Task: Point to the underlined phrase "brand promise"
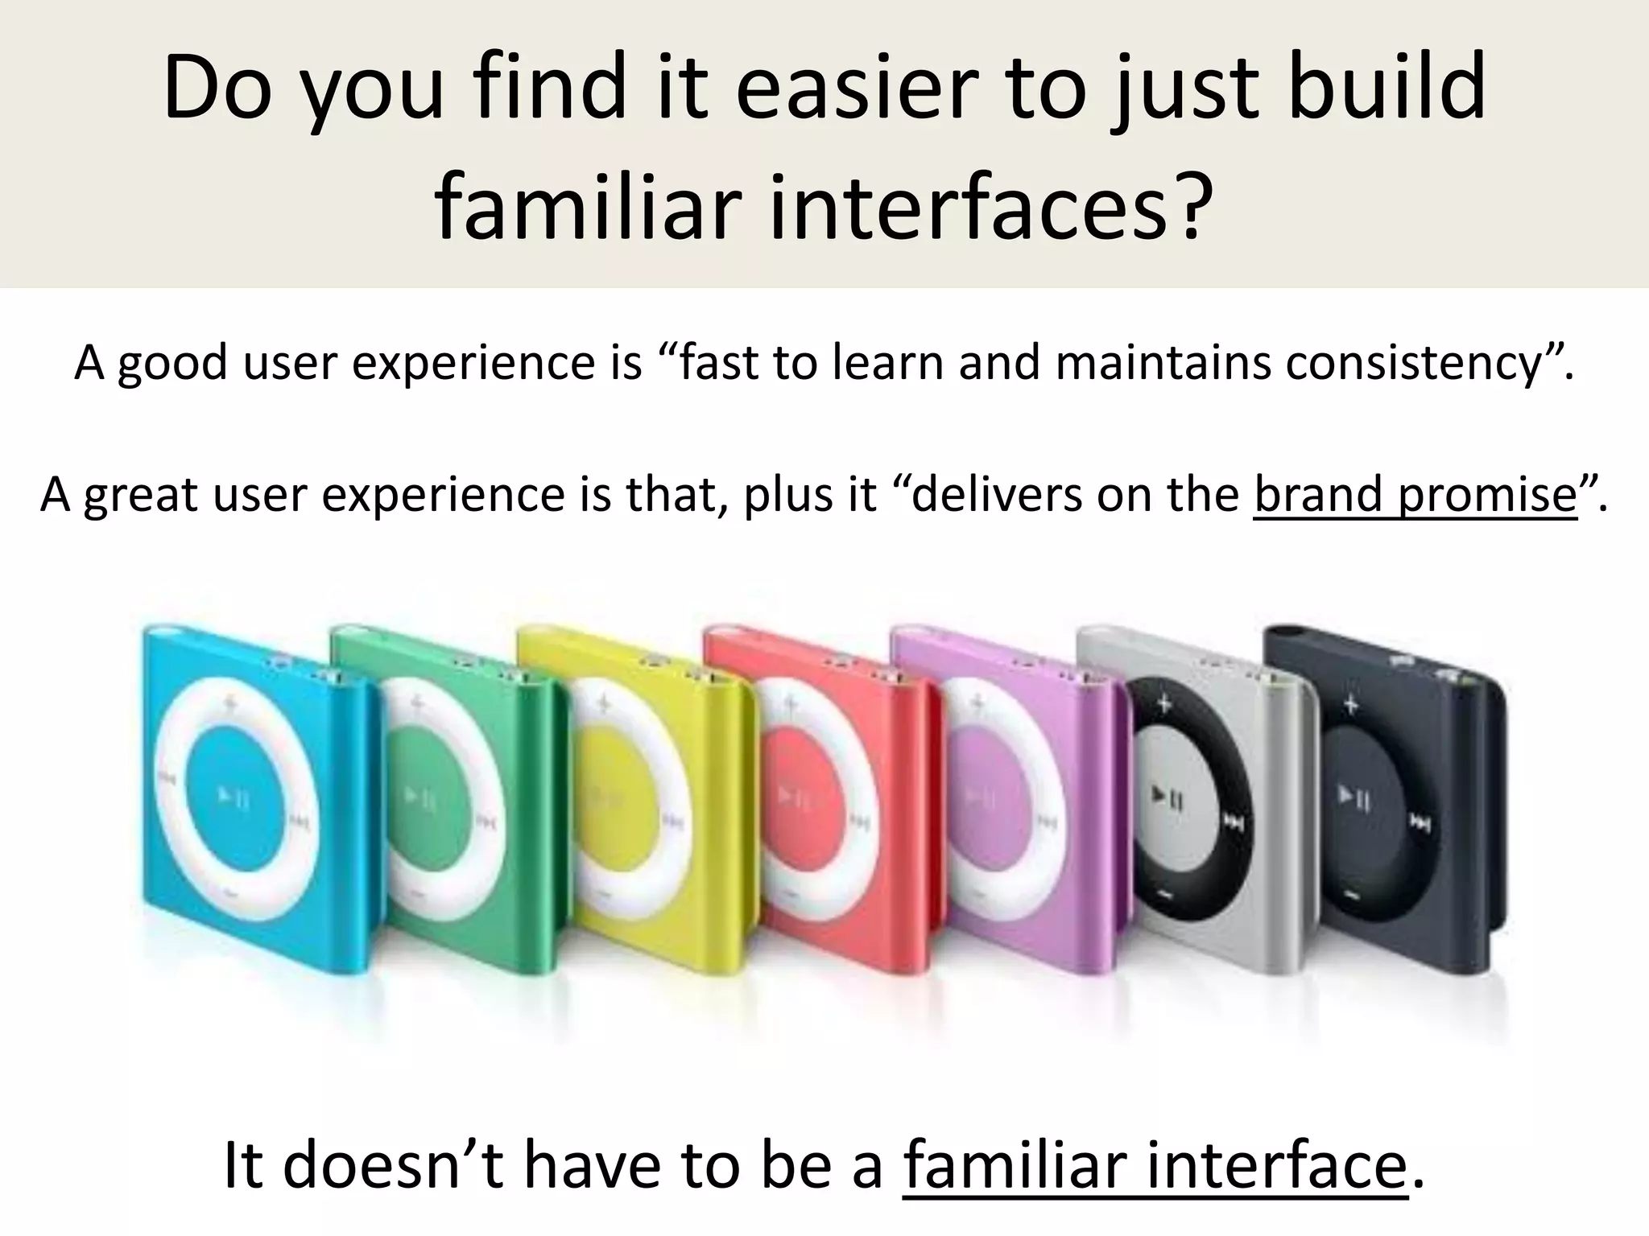(1415, 494)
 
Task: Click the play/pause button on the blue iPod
(234, 797)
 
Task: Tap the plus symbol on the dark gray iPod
(1350, 707)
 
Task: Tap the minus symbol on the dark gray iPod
(1351, 896)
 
